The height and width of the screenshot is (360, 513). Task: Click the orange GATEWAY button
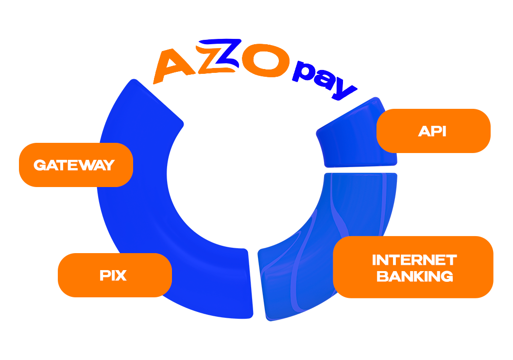76,165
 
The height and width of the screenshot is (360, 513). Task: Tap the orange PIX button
115,275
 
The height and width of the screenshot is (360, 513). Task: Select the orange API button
433,131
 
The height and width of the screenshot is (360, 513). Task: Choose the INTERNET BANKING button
413,267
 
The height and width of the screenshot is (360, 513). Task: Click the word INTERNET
414,259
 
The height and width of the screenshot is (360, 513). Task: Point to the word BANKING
415,276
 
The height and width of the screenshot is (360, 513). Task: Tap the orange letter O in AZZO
264,63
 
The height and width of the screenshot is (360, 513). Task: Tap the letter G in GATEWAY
39,165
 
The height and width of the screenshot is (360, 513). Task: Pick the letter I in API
444,131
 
